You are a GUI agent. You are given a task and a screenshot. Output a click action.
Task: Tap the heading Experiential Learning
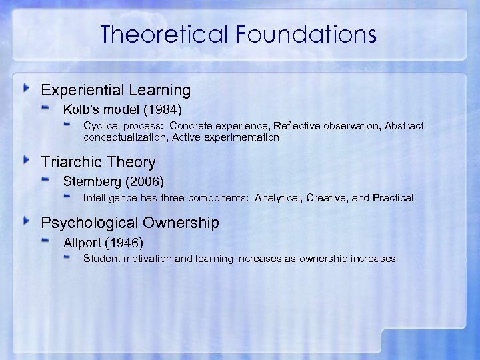(116, 90)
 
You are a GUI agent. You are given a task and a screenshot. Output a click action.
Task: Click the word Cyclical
(102, 126)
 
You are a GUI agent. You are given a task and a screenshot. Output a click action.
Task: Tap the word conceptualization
(125, 137)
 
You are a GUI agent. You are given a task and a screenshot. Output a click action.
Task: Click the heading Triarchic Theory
(98, 162)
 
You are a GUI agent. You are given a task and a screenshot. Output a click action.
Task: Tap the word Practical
(393, 198)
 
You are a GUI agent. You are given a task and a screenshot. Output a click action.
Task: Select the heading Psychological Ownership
(130, 223)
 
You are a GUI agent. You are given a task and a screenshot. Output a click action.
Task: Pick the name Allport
(83, 242)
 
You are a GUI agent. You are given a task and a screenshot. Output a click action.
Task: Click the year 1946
(129, 242)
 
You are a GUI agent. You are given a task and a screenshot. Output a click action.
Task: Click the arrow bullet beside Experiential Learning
(26, 89)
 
